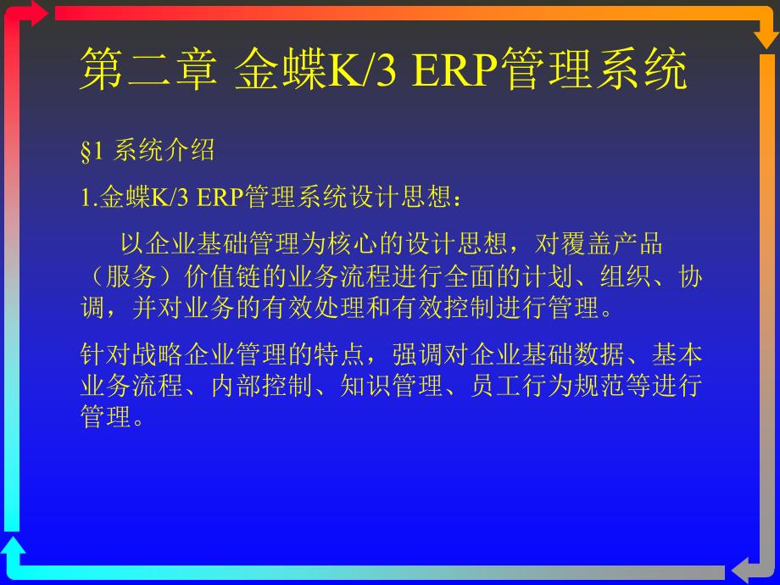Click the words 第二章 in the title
(x=149, y=69)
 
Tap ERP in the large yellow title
(x=454, y=70)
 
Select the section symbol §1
(x=92, y=151)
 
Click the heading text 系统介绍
(x=164, y=150)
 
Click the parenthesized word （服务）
(x=131, y=276)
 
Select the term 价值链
(x=222, y=276)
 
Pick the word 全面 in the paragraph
(x=470, y=276)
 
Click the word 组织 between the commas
(x=626, y=276)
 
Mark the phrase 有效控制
(x=443, y=308)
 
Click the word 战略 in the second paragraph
(x=158, y=354)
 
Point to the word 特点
(x=340, y=354)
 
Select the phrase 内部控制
(x=262, y=386)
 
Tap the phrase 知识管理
(x=392, y=386)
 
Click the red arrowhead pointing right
(x=39, y=14)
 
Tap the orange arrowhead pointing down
(x=766, y=40)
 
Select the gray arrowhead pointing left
(x=741, y=571)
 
